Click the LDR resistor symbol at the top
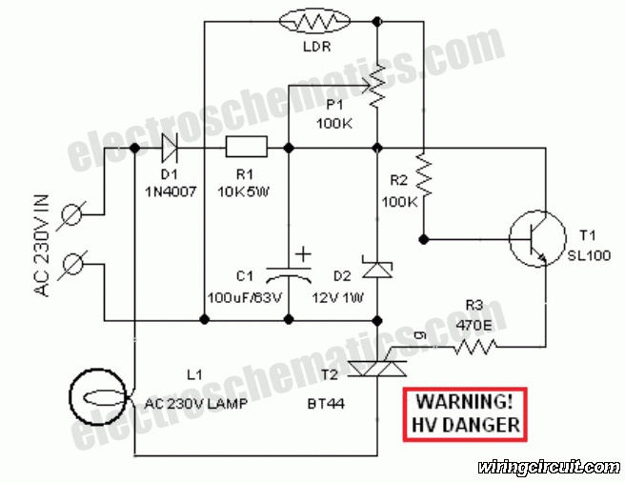[315, 21]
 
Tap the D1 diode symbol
[170, 148]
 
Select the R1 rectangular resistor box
[247, 147]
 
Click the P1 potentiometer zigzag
[376, 87]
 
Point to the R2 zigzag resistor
[424, 175]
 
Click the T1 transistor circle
[537, 239]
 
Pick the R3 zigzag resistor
[475, 347]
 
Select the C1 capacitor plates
[289, 275]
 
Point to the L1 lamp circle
[98, 396]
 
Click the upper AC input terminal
[71, 215]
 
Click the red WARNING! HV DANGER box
[465, 414]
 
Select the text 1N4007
[171, 192]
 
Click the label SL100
[589, 255]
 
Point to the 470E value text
[474, 325]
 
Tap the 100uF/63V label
[245, 297]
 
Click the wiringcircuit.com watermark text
[550, 467]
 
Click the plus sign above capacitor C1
[303, 253]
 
